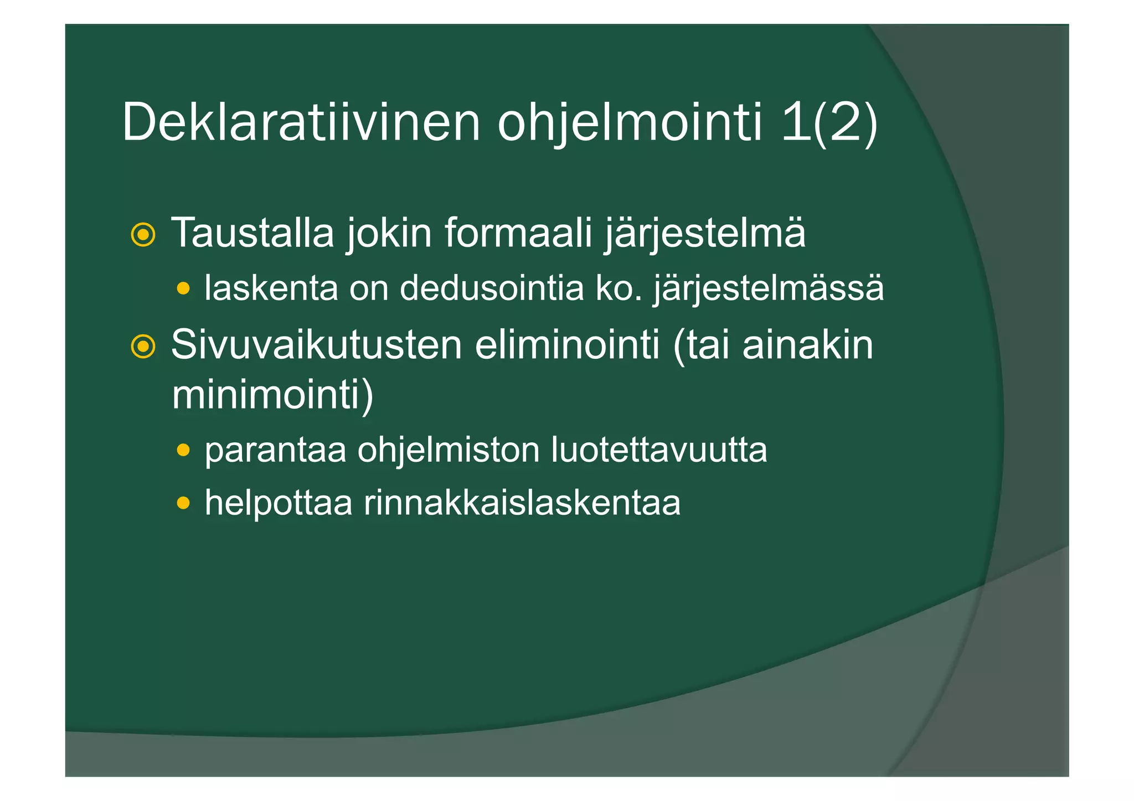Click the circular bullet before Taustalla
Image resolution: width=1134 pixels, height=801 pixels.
click(143, 235)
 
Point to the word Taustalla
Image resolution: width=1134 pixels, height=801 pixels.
click(252, 232)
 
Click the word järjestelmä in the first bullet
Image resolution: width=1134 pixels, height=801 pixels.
click(704, 234)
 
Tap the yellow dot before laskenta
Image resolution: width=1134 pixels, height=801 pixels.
click(183, 288)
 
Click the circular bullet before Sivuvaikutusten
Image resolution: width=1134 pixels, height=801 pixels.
click(143, 347)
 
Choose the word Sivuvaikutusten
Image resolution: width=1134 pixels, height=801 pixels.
click(316, 345)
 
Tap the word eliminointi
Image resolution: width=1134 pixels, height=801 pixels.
click(567, 345)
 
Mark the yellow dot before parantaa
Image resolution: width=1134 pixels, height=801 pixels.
click(183, 449)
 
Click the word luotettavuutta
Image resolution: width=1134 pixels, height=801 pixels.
click(659, 449)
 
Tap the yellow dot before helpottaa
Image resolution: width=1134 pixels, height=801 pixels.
click(183, 503)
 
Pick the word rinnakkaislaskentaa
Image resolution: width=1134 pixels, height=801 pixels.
click(522, 503)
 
